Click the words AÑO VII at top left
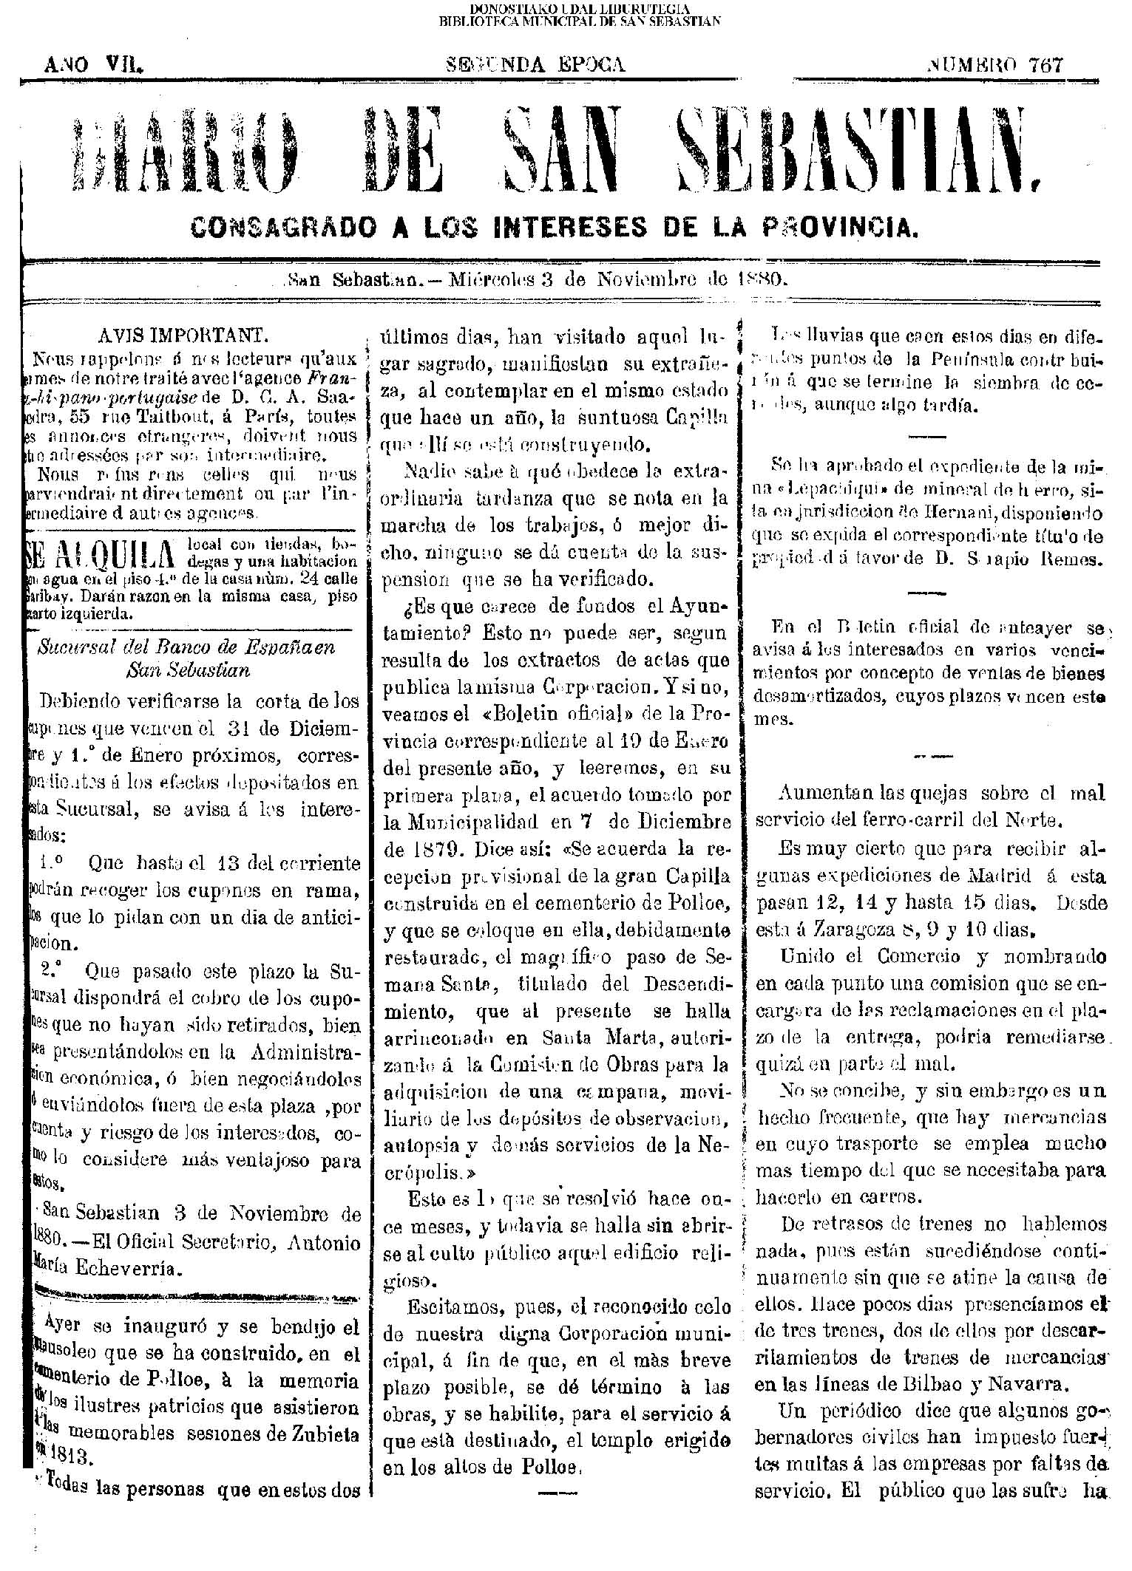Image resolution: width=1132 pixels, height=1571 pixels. pyautogui.click(x=93, y=66)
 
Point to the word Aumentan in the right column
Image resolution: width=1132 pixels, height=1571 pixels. pyautogui.click(x=827, y=794)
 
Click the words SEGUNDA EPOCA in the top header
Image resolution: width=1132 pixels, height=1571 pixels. pyautogui.click(x=538, y=65)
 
